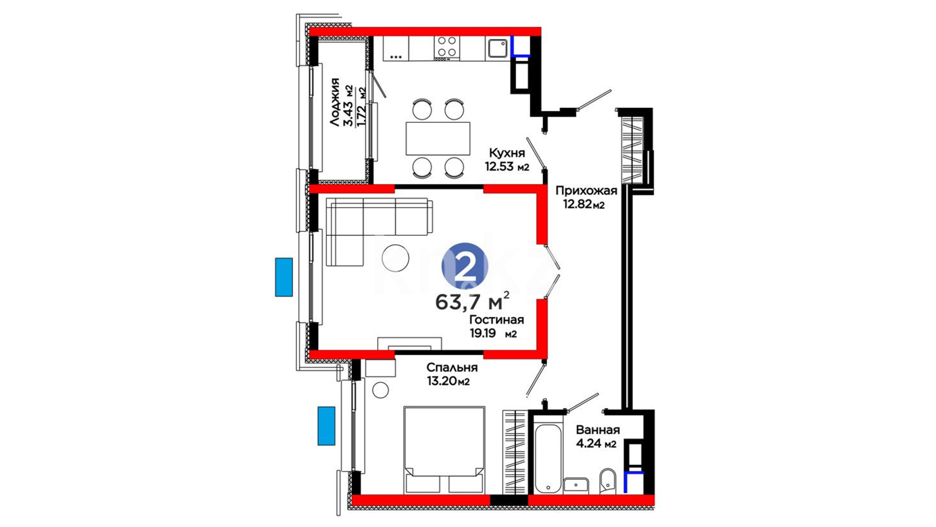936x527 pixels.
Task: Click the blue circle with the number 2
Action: pos(465,266)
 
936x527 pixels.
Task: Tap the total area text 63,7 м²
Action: pos(472,302)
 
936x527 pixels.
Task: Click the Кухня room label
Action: pos(507,153)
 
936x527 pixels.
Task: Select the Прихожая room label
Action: pos(586,191)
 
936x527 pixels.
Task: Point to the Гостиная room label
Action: pos(496,320)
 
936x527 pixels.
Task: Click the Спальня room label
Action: pos(452,367)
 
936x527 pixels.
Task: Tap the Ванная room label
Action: pos(598,430)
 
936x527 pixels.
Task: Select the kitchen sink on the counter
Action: pos(497,48)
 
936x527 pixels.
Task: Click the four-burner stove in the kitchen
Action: pos(447,48)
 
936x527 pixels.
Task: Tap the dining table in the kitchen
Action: pos(438,138)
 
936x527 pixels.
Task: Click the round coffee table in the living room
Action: pos(395,258)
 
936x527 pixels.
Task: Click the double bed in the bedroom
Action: pos(444,450)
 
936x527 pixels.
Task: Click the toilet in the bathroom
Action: pos(607,481)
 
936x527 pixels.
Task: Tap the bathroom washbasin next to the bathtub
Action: pos(576,486)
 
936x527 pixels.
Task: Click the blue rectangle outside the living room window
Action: pos(284,277)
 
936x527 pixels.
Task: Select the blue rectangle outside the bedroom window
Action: pos(327,426)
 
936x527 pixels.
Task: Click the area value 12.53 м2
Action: pos(507,166)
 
